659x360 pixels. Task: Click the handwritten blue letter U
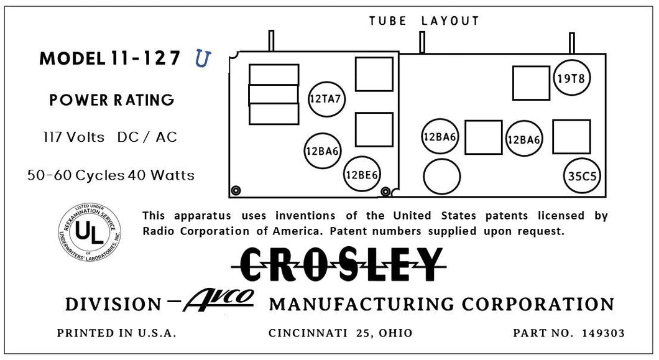(203, 58)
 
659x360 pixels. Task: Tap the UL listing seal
(90, 233)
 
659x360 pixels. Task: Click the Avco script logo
(219, 300)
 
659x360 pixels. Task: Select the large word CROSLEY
(339, 265)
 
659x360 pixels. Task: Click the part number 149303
(603, 333)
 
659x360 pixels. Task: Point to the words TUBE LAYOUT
(424, 21)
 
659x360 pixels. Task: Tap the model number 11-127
(145, 58)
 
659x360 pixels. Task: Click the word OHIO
(395, 333)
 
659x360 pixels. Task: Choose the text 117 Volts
(74, 137)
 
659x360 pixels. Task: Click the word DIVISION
(113, 304)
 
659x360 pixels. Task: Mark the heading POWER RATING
(112, 100)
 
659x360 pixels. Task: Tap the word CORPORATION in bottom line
(538, 304)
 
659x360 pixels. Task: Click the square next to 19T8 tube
(531, 83)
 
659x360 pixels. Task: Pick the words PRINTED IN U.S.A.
(116, 333)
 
